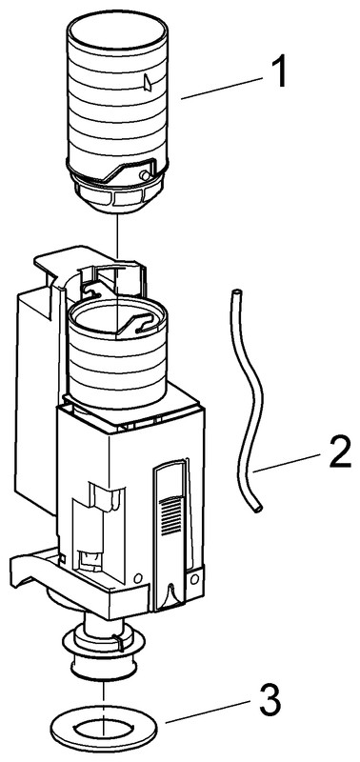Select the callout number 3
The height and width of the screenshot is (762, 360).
click(269, 699)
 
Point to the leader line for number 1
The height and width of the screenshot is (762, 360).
click(222, 88)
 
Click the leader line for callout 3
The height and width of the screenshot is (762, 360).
click(209, 712)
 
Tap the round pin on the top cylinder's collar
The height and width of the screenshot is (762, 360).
click(144, 175)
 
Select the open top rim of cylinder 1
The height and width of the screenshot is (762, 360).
click(117, 35)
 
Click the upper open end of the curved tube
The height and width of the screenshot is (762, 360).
click(236, 292)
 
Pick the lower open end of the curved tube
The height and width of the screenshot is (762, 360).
click(257, 509)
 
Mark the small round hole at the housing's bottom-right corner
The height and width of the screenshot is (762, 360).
click(194, 579)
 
